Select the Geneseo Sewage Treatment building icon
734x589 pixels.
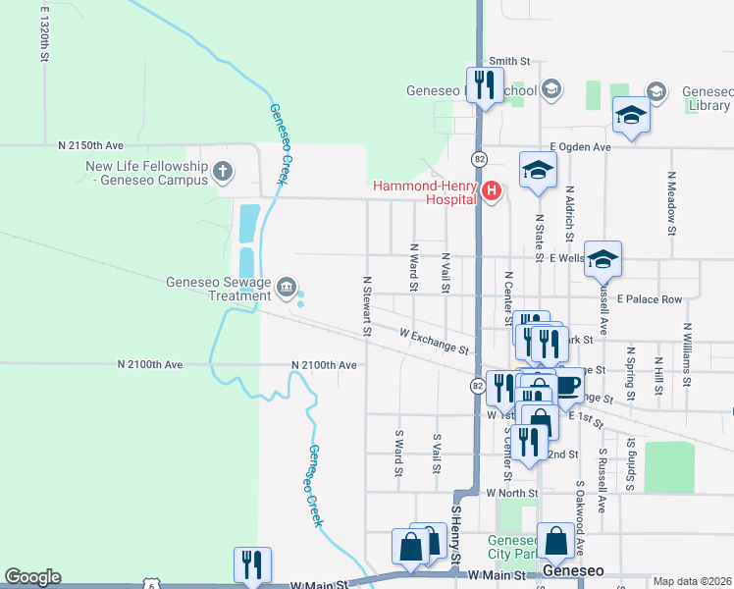pos(286,287)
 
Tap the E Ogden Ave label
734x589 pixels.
pos(580,147)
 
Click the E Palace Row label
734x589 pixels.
pos(649,299)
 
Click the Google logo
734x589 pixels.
pos(32,577)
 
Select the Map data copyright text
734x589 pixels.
pos(693,581)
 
